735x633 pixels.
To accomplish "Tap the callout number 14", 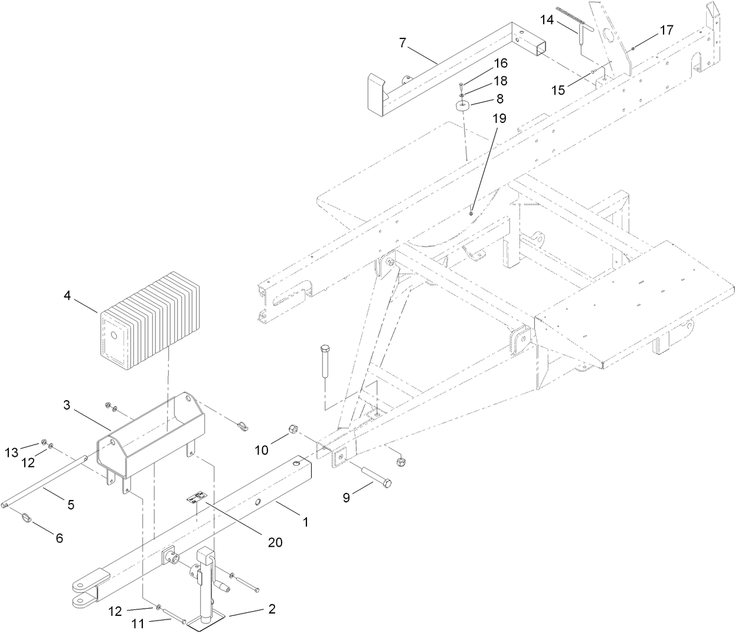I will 547,20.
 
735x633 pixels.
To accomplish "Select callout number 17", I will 666,30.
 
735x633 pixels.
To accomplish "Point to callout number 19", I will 499,118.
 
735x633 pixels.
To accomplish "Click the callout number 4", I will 67,295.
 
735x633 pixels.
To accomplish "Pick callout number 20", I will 275,541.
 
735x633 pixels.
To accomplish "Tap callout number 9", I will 347,498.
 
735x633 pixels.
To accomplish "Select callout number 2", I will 272,609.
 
